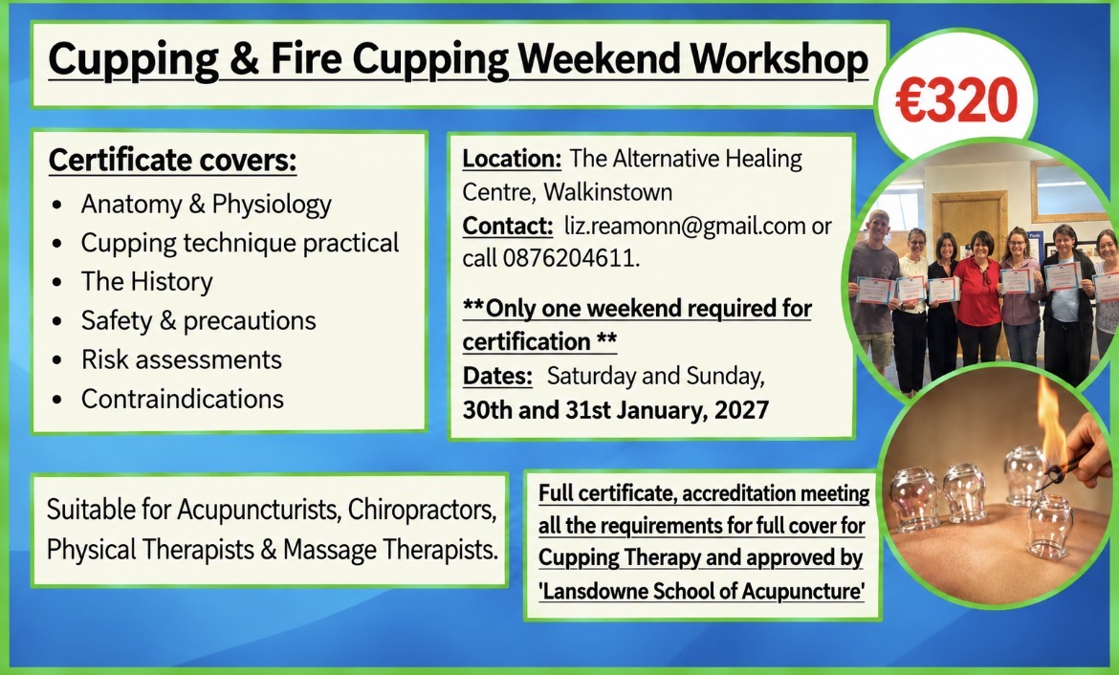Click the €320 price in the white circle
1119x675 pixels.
point(956,99)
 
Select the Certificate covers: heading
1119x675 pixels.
point(172,160)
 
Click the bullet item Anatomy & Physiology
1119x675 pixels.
point(207,204)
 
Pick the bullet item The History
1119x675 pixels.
point(147,281)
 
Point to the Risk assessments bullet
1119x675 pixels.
point(182,359)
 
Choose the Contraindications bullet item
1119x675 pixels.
point(182,399)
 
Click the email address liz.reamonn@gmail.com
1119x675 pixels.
point(685,227)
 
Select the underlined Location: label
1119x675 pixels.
point(512,159)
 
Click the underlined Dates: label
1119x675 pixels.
point(497,376)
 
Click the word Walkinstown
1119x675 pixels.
point(607,192)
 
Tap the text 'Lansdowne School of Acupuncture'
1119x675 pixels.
point(701,591)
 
